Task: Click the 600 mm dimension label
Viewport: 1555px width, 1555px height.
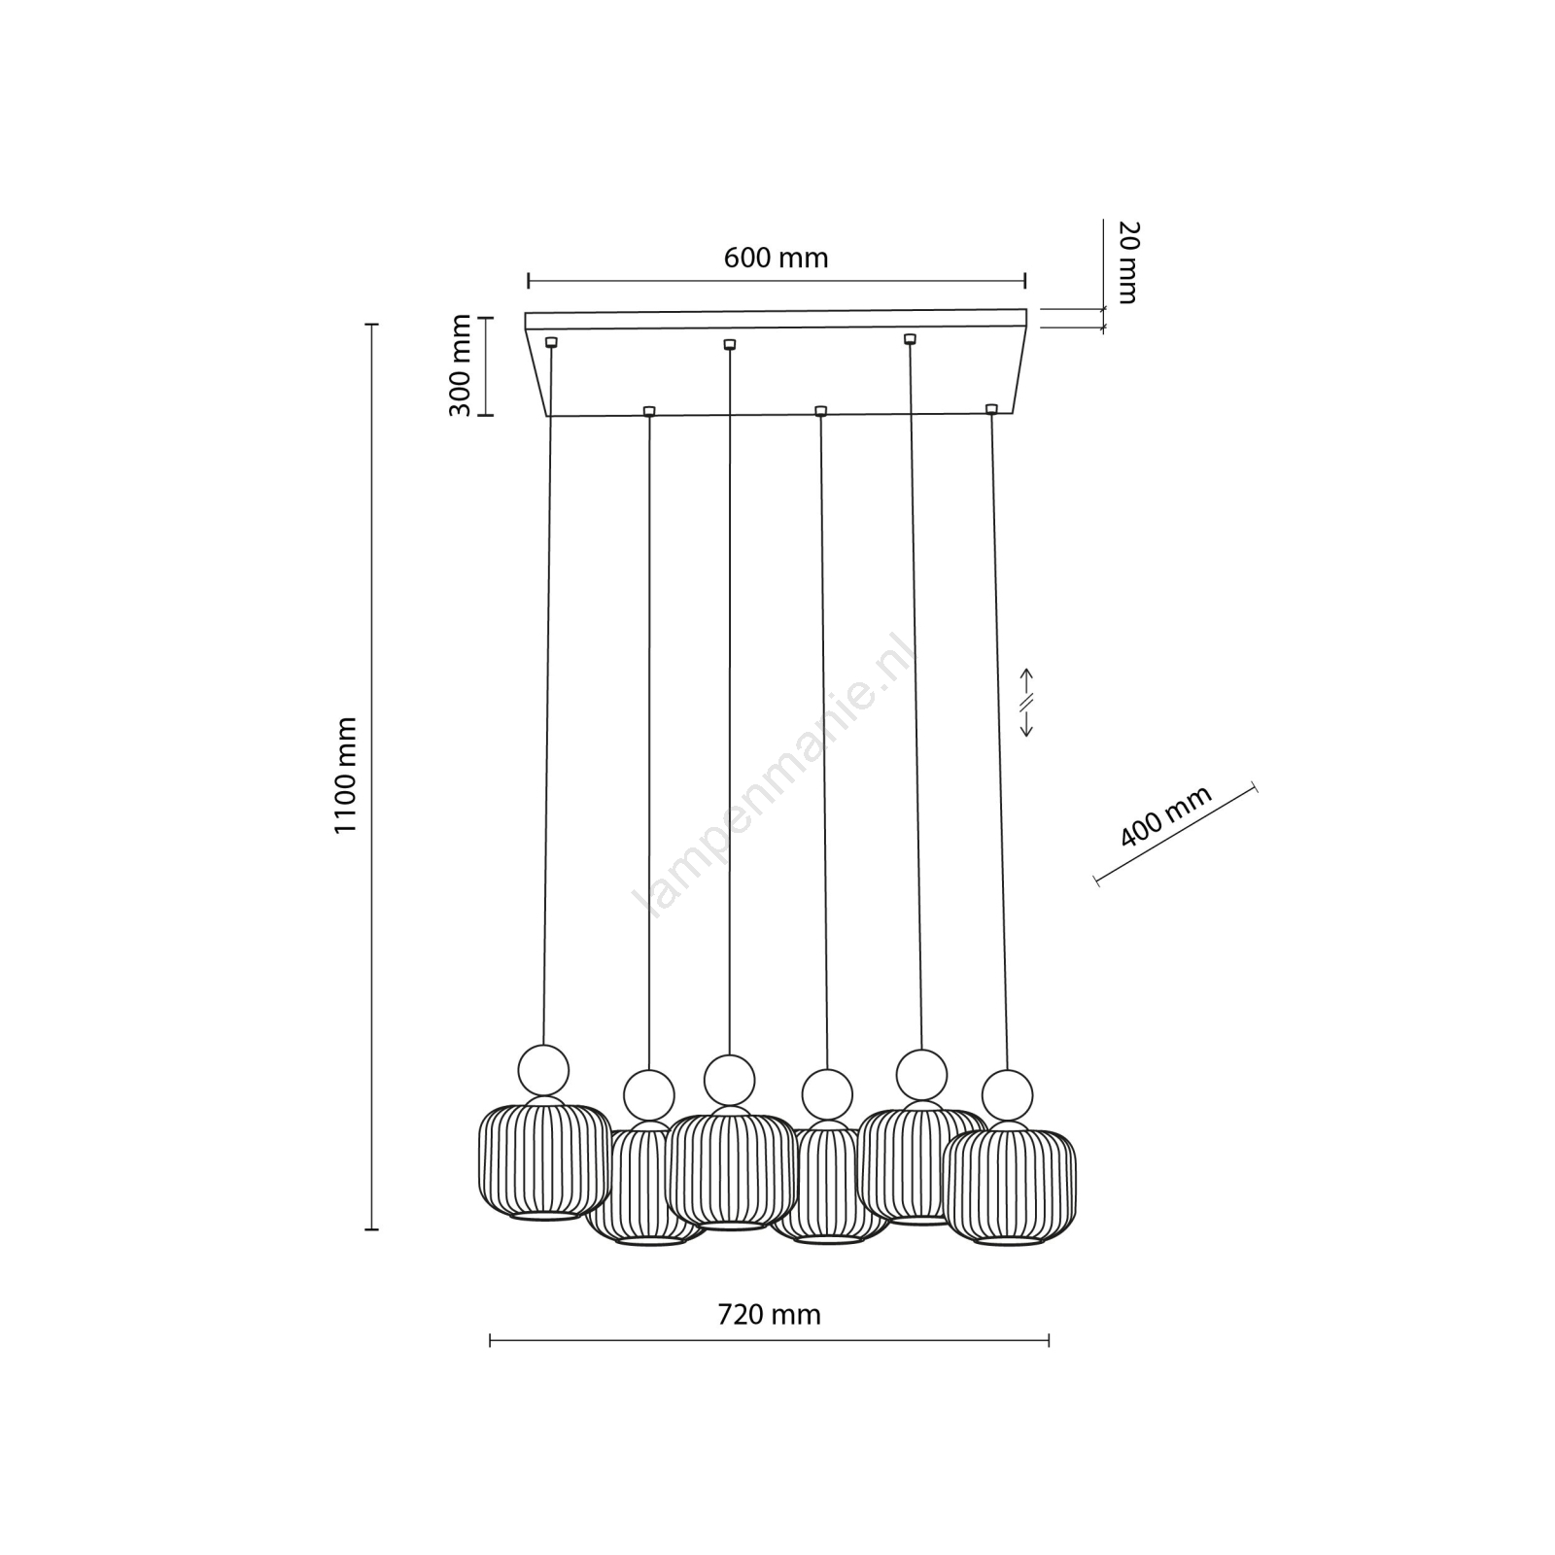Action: pyautogui.click(x=776, y=259)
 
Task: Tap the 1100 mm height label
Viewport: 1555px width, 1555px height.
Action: pyautogui.click(x=347, y=775)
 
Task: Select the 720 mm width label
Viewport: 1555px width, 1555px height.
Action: pyautogui.click(x=769, y=1315)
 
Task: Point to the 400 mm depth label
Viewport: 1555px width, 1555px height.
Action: pyautogui.click(x=1166, y=815)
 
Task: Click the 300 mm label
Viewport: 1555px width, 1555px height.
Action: pyautogui.click(x=461, y=365)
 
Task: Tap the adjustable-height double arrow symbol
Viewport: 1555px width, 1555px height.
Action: pyautogui.click(x=1026, y=702)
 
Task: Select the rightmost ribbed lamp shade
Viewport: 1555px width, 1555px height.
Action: pyautogui.click(x=1011, y=1187)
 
